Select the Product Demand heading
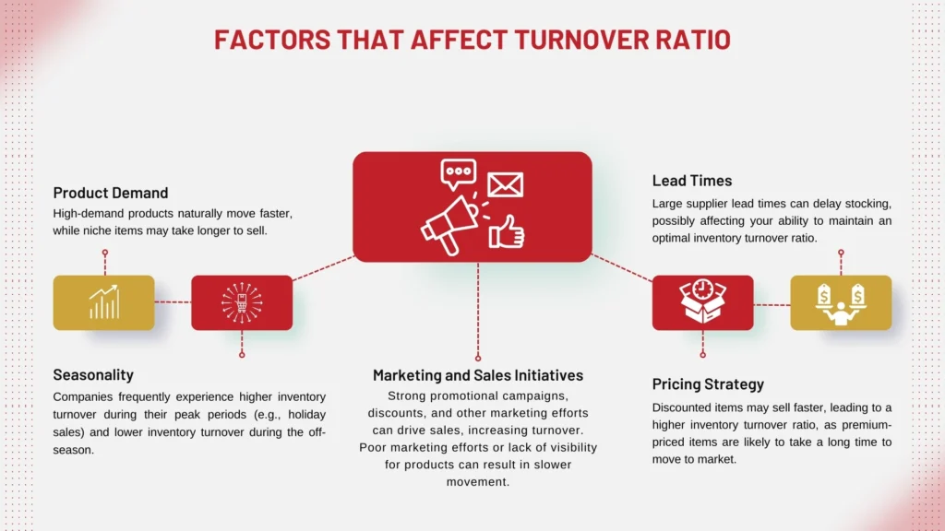(x=111, y=193)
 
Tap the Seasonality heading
(x=93, y=374)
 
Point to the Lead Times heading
(x=692, y=181)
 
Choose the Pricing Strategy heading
(x=708, y=383)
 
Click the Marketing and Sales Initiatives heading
(x=478, y=375)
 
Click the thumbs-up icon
(x=507, y=230)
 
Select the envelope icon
(x=505, y=183)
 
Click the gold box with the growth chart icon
(x=103, y=302)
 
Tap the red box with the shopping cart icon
(x=242, y=302)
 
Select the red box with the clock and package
(x=702, y=302)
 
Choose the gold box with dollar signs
(x=841, y=302)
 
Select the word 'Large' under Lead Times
(x=669, y=203)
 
